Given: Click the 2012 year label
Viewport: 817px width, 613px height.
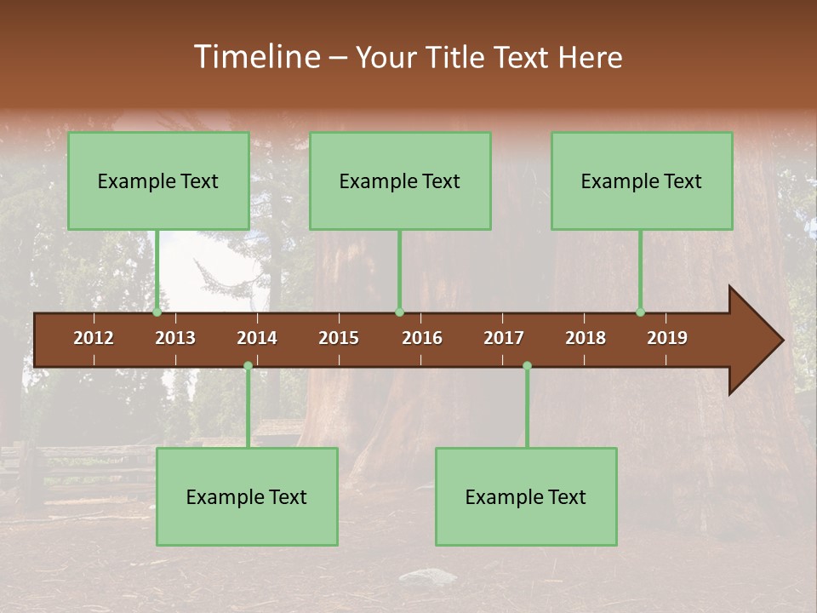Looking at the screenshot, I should click(94, 338).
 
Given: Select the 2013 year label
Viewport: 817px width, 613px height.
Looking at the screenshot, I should click(175, 338).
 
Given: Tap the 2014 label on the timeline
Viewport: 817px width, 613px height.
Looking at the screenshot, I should click(257, 338).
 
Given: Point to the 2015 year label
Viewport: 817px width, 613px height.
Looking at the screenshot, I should click(339, 338).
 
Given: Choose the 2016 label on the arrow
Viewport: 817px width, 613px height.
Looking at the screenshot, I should click(422, 338).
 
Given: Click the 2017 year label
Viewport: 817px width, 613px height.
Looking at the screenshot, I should click(504, 338).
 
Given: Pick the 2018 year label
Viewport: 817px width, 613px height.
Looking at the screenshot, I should click(586, 338).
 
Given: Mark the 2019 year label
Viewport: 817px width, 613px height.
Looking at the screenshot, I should click(667, 338).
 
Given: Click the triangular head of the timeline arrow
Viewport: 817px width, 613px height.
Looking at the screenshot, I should click(753, 341).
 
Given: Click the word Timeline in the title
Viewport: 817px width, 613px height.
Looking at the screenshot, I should click(256, 57).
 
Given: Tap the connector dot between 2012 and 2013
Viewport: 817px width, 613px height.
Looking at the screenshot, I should click(157, 312).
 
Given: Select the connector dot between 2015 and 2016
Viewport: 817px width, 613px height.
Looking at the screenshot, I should click(399, 312).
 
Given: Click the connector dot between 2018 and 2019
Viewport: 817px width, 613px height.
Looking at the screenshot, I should click(640, 312).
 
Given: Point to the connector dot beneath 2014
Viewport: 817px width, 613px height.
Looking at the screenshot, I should click(248, 366).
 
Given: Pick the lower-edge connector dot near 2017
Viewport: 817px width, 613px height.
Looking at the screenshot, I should click(527, 366).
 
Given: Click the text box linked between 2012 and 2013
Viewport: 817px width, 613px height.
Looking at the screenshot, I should click(158, 180).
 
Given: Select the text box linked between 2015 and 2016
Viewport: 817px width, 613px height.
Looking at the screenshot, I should click(400, 180).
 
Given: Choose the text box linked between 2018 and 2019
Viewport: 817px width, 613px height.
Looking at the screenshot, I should click(642, 180).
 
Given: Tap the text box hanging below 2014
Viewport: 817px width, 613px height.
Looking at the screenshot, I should click(247, 496).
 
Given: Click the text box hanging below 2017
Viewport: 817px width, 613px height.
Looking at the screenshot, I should click(526, 496).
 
